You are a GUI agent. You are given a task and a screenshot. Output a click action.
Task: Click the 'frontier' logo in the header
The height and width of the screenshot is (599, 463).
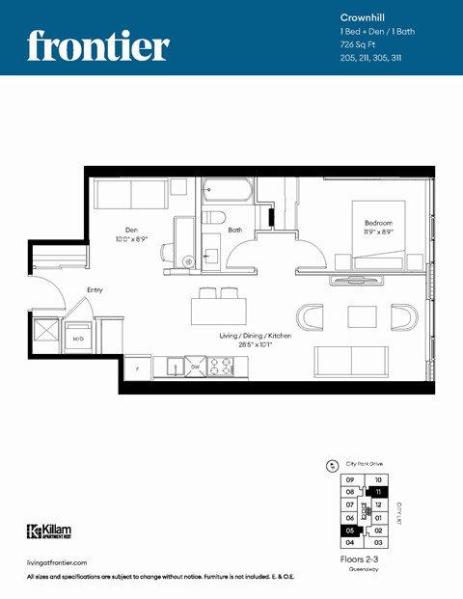click(97, 44)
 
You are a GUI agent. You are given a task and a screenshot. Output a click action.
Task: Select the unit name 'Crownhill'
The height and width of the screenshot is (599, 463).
click(363, 17)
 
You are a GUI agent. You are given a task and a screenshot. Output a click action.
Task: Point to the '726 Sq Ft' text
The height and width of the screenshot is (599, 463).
click(359, 45)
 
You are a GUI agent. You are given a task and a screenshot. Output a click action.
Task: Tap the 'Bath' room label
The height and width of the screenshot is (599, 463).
click(235, 231)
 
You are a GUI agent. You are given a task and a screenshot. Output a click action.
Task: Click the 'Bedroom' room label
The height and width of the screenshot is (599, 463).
click(370, 223)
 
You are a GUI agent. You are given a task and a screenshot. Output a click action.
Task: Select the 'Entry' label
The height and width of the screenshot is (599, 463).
click(95, 289)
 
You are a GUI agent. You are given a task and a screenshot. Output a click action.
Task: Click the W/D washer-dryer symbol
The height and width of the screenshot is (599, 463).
click(78, 338)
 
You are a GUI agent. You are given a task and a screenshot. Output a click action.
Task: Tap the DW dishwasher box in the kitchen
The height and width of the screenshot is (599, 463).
click(194, 367)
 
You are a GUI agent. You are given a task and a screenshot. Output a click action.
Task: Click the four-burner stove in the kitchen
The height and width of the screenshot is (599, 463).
click(221, 367)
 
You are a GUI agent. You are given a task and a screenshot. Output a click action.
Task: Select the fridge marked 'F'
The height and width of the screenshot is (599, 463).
click(138, 368)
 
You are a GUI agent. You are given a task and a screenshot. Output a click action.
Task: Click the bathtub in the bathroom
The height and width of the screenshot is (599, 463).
click(228, 192)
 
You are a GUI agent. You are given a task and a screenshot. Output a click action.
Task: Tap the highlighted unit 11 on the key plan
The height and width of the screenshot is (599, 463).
click(379, 492)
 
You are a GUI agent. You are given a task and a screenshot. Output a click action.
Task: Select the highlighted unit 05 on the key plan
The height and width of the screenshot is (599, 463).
click(350, 531)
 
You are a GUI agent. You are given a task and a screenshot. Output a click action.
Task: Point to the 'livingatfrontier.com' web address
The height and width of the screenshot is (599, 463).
click(58, 562)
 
